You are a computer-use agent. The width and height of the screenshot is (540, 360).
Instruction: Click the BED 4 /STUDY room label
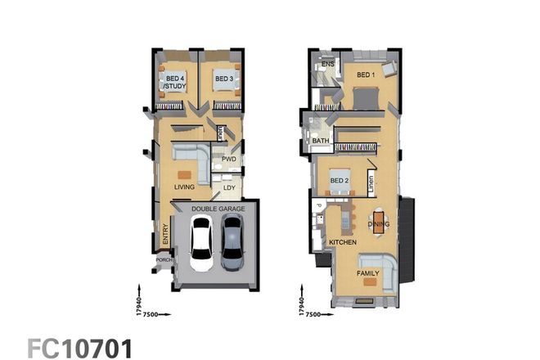[173, 82]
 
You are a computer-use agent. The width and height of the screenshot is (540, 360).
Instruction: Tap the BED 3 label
[222, 79]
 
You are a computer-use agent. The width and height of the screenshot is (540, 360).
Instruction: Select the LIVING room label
[185, 188]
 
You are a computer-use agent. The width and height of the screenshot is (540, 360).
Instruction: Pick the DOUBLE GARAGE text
[218, 209]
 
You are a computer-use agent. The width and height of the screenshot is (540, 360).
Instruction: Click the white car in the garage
[201, 245]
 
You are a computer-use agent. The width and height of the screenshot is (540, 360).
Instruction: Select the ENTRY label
[165, 236]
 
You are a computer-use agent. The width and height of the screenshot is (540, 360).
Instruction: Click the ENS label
[327, 64]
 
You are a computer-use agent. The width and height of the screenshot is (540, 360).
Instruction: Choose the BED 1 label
[365, 74]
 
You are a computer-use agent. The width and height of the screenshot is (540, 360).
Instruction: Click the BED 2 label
[340, 180]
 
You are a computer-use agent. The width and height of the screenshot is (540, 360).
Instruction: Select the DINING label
[379, 223]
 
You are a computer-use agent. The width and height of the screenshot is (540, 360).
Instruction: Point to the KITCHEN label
[342, 243]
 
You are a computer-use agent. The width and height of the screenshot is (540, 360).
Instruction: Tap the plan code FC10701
[79, 345]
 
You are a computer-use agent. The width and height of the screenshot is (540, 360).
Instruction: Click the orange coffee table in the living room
[184, 173]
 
